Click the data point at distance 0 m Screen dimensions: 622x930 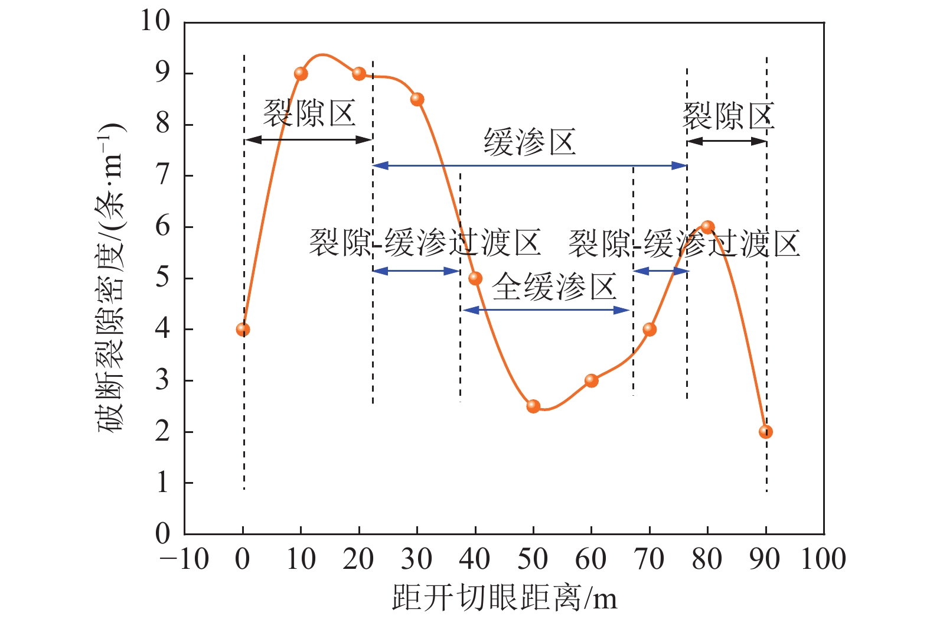[243, 330]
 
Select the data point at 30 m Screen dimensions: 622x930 [417, 99]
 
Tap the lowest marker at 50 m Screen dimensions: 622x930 [533, 406]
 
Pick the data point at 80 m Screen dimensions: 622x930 [707, 227]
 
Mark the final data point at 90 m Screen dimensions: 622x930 [766, 432]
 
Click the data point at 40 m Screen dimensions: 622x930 [475, 278]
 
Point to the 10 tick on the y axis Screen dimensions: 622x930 [155, 21]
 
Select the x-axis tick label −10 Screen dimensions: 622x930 [185, 559]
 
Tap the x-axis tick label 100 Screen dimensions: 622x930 [823, 559]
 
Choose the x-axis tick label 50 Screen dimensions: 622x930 [533, 559]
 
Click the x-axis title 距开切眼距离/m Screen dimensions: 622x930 [504, 598]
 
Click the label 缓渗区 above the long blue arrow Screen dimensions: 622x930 [530, 142]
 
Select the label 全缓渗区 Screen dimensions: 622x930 [554, 288]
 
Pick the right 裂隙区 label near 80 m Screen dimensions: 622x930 [728, 115]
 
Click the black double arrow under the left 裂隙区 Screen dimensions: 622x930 [308, 140]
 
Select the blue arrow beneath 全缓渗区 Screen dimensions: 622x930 [547, 310]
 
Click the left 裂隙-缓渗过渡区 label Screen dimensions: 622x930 [425, 243]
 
